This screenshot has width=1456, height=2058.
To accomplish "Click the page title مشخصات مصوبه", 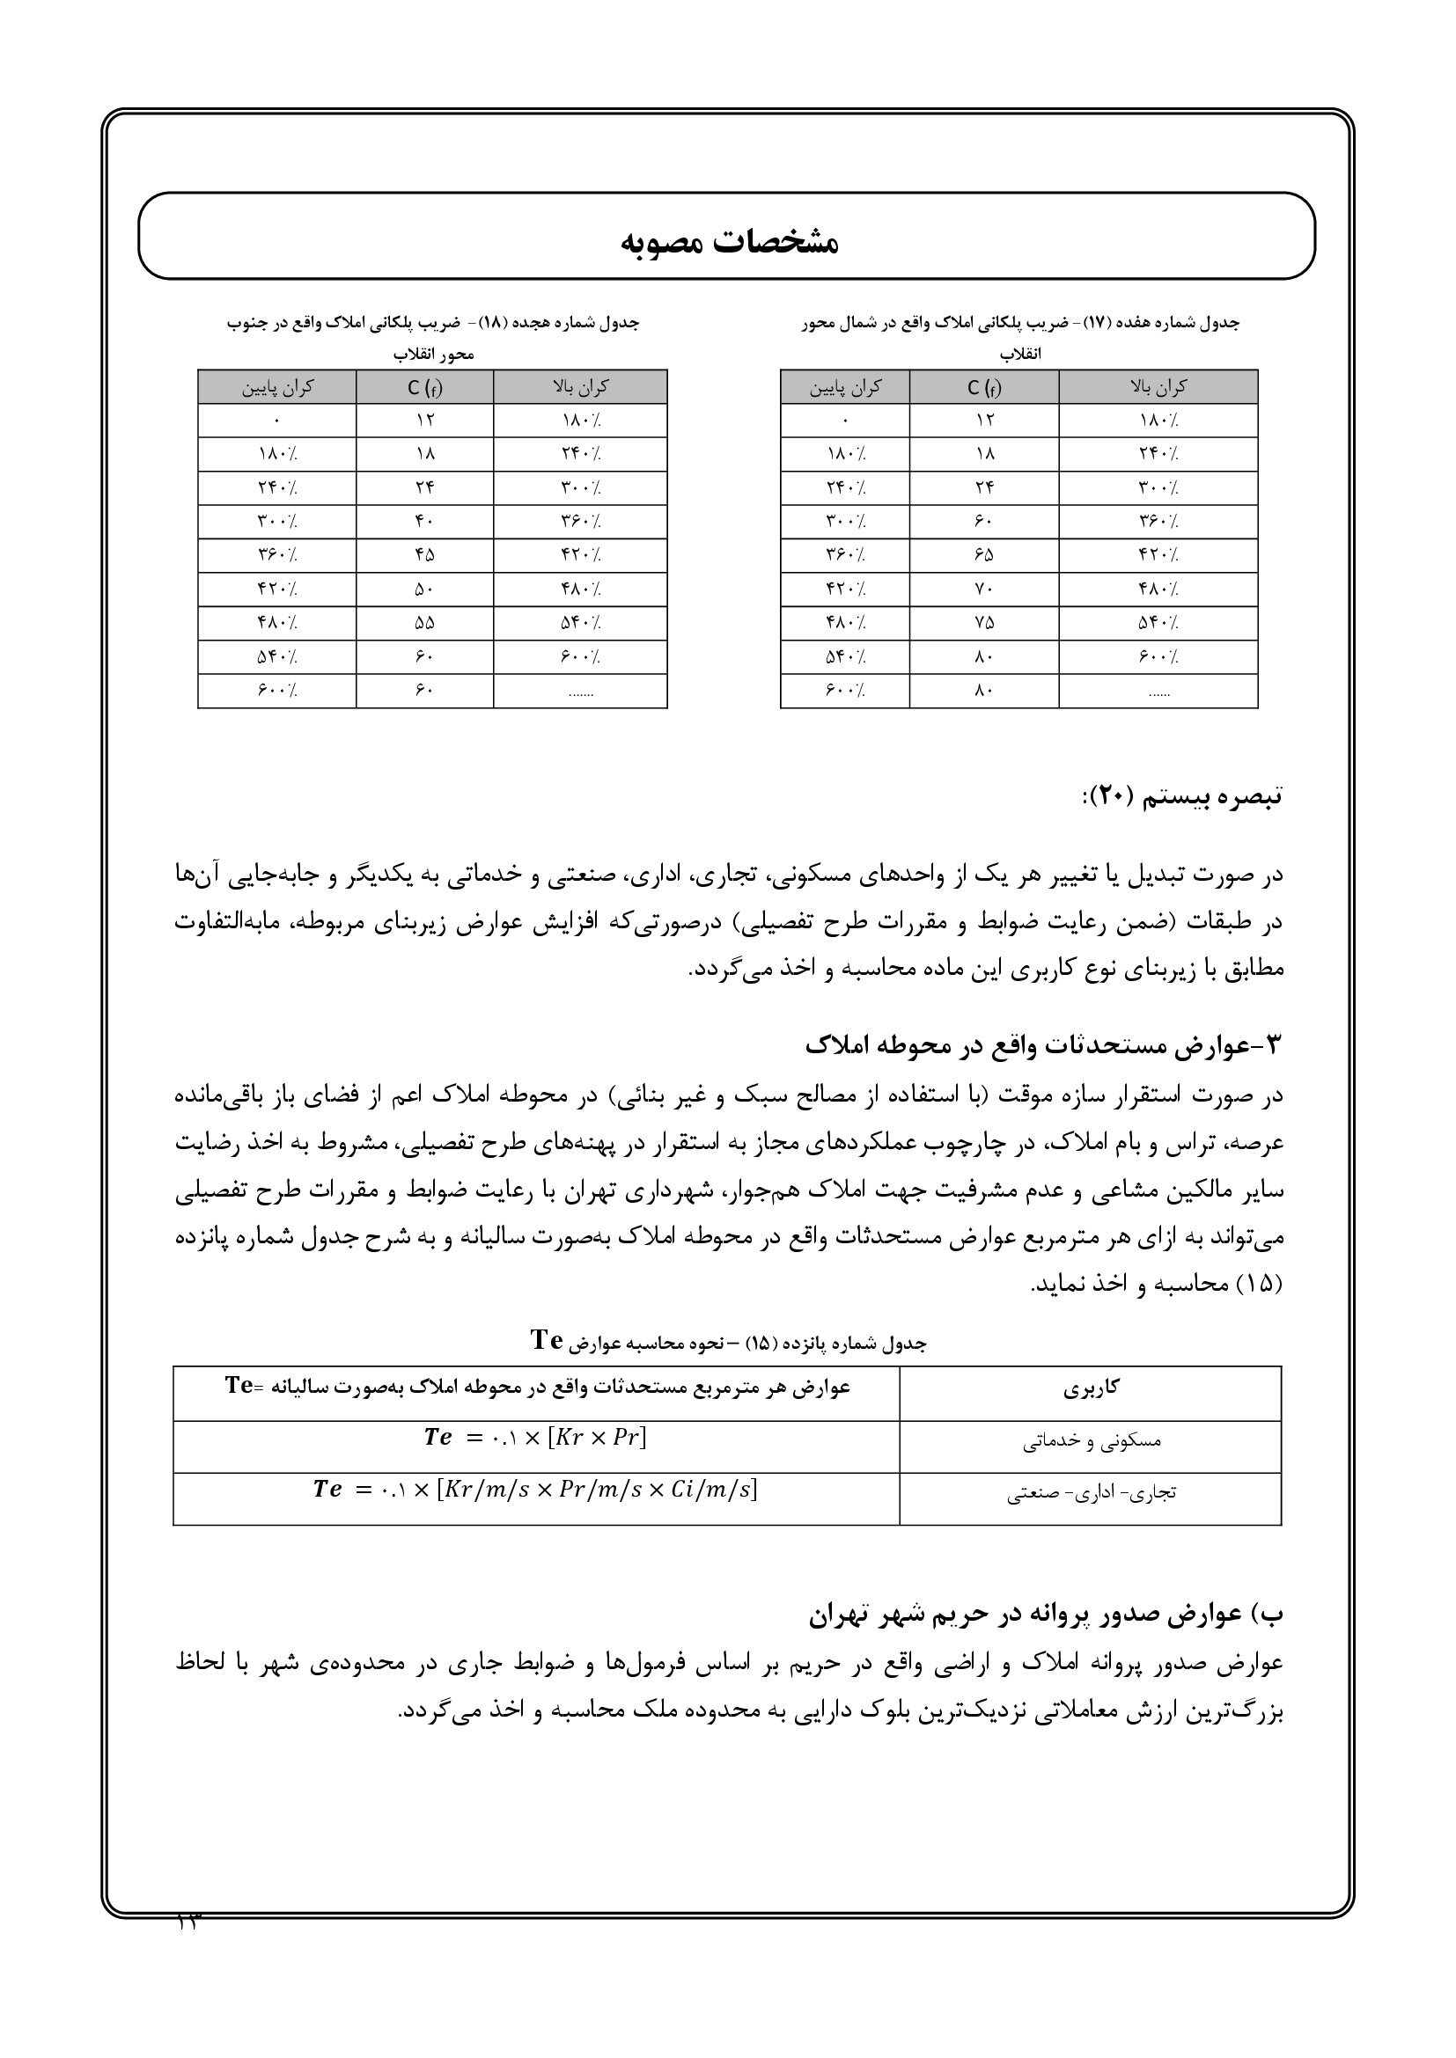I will point(728,242).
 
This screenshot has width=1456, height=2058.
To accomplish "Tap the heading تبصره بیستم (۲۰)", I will point(1180,796).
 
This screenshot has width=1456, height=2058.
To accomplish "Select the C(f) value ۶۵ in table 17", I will point(983,555).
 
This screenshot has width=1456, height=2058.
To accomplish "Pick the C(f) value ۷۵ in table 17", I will point(983,623).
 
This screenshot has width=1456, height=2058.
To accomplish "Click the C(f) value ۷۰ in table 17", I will point(983,589).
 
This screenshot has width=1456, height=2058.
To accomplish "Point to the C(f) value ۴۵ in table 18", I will point(424,555).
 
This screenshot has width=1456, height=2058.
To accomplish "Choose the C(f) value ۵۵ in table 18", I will point(424,623).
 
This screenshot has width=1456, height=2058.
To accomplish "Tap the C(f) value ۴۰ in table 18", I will point(424,521).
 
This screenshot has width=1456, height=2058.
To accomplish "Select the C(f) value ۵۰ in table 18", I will point(424,589).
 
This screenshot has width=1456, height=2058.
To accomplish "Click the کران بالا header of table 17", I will point(1158,387).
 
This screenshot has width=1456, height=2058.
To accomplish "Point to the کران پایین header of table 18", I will point(277,387).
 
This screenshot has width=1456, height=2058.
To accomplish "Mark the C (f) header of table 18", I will point(424,387).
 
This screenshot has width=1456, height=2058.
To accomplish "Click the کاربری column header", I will point(1090,1388).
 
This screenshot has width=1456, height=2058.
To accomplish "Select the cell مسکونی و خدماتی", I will point(1090,1442).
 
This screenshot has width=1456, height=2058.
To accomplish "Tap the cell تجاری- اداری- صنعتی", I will point(1090,1494).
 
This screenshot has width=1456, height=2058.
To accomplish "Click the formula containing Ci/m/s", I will point(535,1490).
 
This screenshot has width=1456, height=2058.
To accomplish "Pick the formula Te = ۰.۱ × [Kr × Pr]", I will point(535,1438).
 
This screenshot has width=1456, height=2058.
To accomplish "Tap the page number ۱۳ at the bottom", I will point(189,1922).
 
